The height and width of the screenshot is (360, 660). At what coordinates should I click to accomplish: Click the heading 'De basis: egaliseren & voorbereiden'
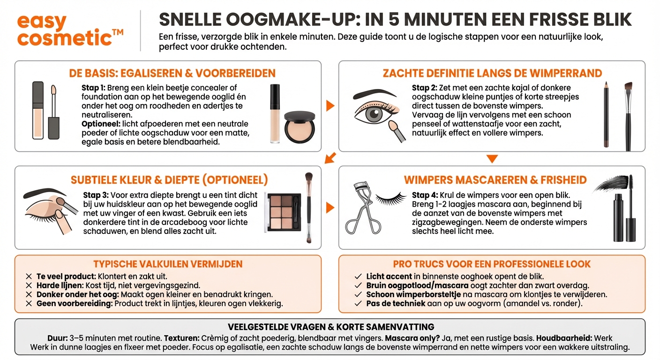tap(172, 74)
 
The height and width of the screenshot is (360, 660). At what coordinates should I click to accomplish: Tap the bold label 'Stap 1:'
tap(93, 88)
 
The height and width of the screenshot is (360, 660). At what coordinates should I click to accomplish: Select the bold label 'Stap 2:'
tap(424, 88)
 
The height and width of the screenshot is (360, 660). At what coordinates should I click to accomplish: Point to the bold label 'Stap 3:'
tap(96, 195)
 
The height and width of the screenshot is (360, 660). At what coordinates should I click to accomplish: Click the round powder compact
tap(299, 127)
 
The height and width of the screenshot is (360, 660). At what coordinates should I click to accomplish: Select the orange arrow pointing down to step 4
tap(492, 159)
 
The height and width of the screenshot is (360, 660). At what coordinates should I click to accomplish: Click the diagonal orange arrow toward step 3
tap(330, 158)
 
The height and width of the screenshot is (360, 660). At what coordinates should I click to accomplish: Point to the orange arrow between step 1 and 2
tap(330, 105)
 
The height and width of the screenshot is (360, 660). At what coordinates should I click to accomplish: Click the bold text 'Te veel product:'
tap(66, 277)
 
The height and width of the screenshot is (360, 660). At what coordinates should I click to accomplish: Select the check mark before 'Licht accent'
tap(358, 277)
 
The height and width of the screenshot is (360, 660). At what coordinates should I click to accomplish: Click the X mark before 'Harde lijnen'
tap(29, 285)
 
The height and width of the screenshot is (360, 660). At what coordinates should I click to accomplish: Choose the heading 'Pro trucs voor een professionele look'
tap(492, 264)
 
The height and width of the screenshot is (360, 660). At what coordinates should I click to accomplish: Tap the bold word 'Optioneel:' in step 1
tap(101, 124)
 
